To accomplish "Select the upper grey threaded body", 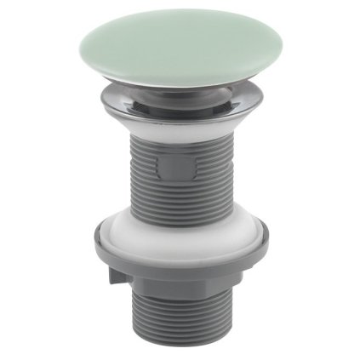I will (x=180, y=174).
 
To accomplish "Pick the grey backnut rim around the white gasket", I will (x=180, y=260).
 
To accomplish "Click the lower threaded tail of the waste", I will (x=180, y=319).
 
